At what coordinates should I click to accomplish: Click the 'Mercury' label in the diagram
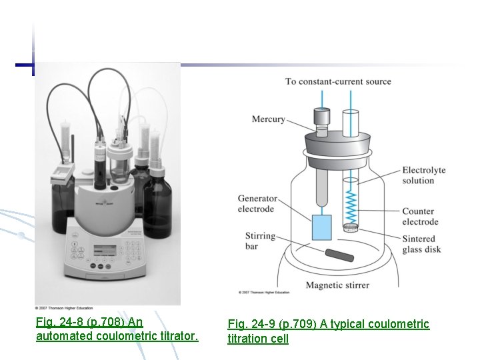(268, 119)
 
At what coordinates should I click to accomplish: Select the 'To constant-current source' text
(338, 81)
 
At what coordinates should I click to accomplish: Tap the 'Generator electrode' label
(257, 204)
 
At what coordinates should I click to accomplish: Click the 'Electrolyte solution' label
(423, 176)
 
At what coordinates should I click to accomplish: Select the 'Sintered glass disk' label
(421, 244)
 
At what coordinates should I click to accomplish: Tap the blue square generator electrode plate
(321, 227)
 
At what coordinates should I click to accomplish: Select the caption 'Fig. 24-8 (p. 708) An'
(89, 322)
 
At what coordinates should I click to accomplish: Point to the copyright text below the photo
(74, 308)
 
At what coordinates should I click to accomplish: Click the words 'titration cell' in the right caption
(258, 339)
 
